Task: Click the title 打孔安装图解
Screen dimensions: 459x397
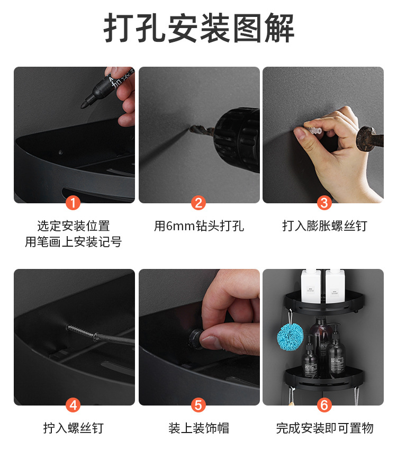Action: (198, 28)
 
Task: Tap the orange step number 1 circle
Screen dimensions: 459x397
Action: (74, 202)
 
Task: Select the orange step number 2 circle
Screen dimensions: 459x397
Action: (198, 202)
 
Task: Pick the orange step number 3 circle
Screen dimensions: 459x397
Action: (324, 202)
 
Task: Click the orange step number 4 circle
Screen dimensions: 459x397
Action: (74, 405)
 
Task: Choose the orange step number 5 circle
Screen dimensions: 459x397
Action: (198, 405)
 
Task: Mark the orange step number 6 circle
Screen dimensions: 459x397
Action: (324, 405)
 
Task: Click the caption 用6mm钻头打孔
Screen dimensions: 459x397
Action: (198, 226)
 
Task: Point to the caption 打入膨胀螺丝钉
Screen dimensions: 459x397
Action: (324, 226)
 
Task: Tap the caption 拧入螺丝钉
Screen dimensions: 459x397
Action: (74, 428)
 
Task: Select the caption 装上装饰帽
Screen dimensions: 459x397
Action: (198, 428)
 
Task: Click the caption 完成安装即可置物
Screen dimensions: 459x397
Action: (324, 428)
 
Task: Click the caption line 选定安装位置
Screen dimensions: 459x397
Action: (74, 226)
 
